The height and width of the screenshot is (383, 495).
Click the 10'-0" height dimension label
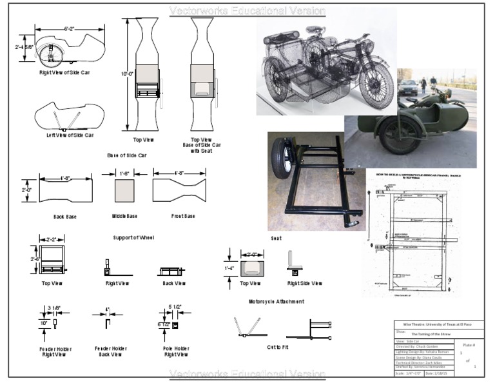click(x=126, y=74)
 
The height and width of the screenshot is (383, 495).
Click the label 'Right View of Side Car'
click(x=64, y=72)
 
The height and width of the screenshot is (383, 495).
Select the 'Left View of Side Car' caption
click(x=70, y=135)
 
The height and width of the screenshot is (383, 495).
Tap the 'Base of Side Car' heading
click(x=127, y=155)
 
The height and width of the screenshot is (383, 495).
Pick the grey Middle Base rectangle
click(x=124, y=191)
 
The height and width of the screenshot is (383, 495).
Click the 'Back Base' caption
click(x=65, y=217)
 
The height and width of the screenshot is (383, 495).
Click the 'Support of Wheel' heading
click(x=134, y=238)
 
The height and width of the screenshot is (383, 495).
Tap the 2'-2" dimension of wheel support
click(x=52, y=238)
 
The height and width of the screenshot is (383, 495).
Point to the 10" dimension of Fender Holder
click(x=43, y=322)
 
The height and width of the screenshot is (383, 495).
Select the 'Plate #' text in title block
click(x=469, y=344)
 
